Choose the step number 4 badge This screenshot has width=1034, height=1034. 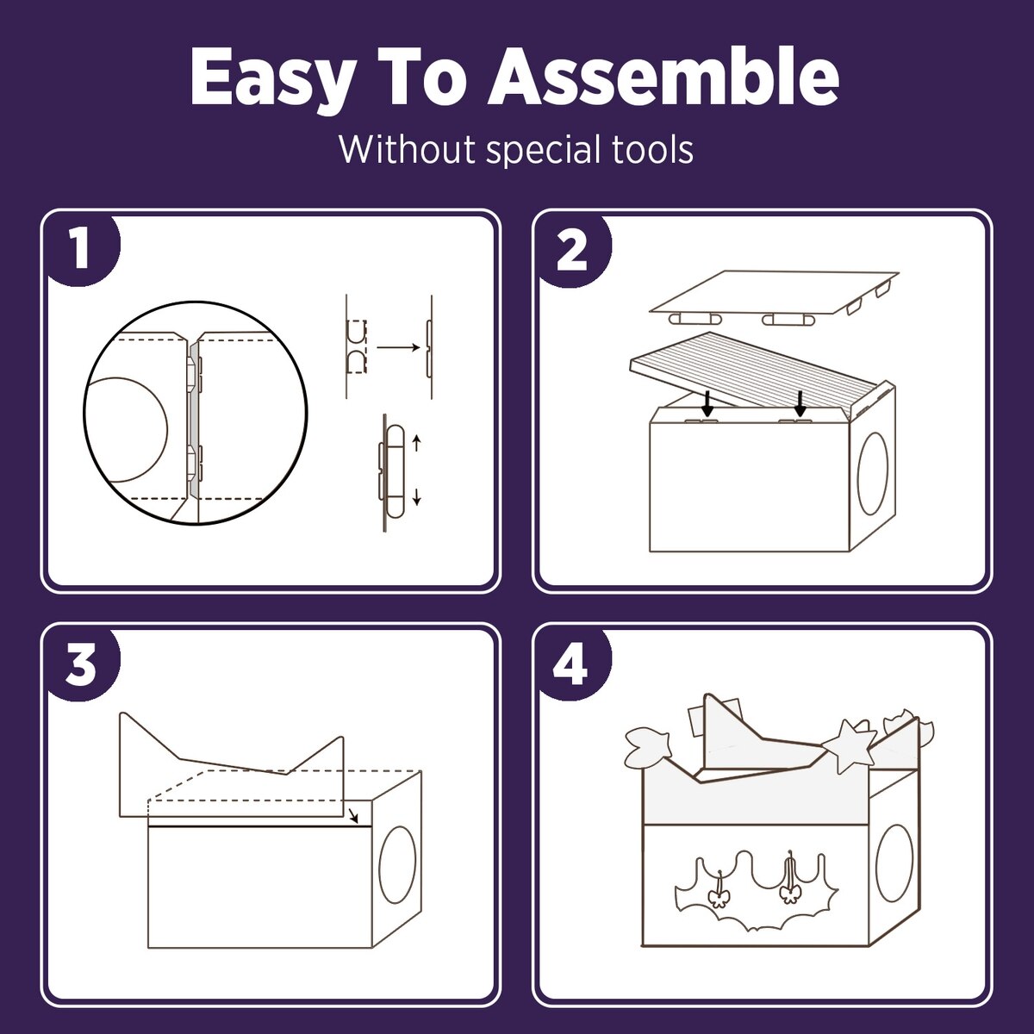(x=572, y=663)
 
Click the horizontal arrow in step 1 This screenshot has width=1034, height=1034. (x=398, y=348)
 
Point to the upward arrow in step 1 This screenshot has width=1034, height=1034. (x=417, y=443)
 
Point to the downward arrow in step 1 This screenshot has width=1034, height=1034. (x=417, y=497)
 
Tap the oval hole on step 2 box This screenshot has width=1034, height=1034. (x=873, y=474)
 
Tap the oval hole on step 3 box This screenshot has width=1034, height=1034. (x=397, y=873)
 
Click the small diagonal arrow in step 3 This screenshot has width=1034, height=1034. (x=352, y=831)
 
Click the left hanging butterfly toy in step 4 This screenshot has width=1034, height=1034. (x=719, y=897)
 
